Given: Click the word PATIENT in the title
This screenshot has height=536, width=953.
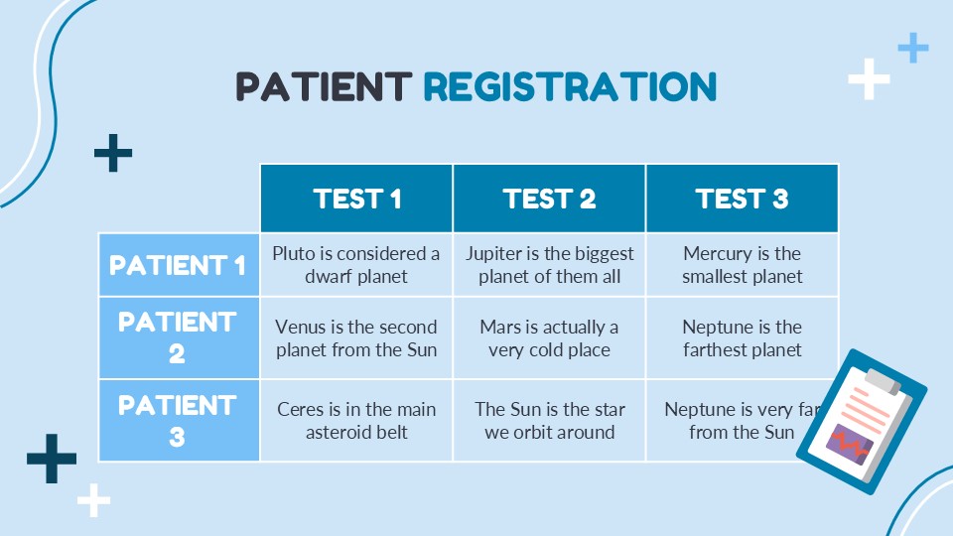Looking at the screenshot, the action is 324,86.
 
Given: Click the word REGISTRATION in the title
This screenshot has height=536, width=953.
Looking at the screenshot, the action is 570,86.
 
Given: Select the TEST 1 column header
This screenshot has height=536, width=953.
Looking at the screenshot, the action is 356,199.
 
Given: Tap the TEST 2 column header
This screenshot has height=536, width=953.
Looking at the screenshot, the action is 549,199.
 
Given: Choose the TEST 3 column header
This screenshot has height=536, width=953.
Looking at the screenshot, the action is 743,199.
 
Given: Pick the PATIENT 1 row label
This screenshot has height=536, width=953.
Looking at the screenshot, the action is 179,265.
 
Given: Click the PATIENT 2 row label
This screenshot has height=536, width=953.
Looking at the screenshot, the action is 179,337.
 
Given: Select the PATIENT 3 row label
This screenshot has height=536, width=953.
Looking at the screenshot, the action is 179,421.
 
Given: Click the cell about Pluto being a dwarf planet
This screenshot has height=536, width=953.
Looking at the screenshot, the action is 356,265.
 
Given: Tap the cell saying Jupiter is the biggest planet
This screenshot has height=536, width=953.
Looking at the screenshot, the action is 549,265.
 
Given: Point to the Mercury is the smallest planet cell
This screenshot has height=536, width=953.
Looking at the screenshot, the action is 743,265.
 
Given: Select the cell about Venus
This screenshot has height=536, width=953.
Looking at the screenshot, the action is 356,337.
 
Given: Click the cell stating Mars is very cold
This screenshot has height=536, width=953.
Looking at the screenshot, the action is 549,337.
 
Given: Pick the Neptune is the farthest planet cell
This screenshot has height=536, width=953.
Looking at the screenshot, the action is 743,337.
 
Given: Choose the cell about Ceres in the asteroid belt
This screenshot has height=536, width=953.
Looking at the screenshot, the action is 356,421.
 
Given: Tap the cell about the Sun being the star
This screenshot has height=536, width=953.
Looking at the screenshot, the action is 549,421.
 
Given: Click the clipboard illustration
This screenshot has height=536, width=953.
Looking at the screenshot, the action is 862,422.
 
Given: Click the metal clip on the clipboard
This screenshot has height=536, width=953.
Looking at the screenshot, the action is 884,380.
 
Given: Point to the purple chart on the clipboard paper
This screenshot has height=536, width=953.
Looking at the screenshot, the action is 849,445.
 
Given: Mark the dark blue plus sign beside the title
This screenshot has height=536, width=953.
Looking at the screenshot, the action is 113,153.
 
